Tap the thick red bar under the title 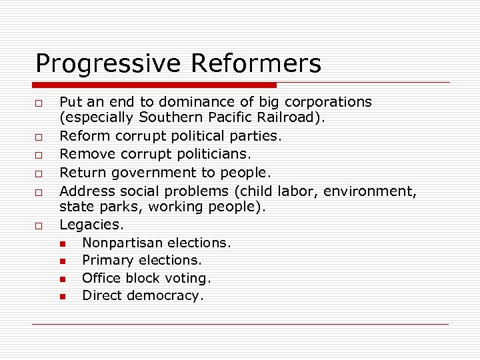pyautogui.click(x=155, y=85)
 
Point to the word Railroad pyautogui.click(x=295, y=117)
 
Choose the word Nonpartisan pyautogui.click(x=123, y=243)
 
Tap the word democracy pyautogui.click(x=167, y=296)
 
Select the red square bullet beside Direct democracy pyautogui.click(x=62, y=297)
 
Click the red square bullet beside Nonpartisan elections pyautogui.click(x=62, y=243)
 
